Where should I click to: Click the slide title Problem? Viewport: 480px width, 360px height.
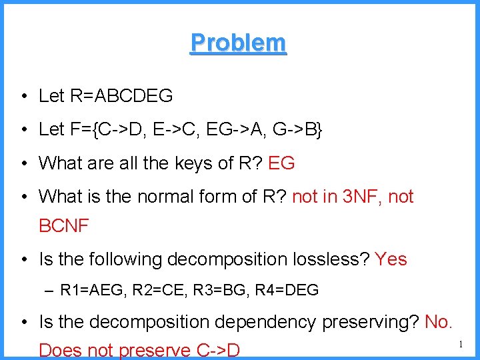coord(238,43)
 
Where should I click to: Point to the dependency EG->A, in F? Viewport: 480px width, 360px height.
coord(230,129)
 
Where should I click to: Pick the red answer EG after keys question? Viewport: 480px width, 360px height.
coord(281,163)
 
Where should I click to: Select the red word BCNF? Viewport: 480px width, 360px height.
coord(64,226)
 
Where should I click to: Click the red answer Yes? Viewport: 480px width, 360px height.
coord(391,259)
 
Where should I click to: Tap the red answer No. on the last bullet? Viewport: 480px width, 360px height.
coord(439,323)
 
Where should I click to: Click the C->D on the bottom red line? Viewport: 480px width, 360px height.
coord(215,350)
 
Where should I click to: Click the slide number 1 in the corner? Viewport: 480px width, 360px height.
coord(461,344)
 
